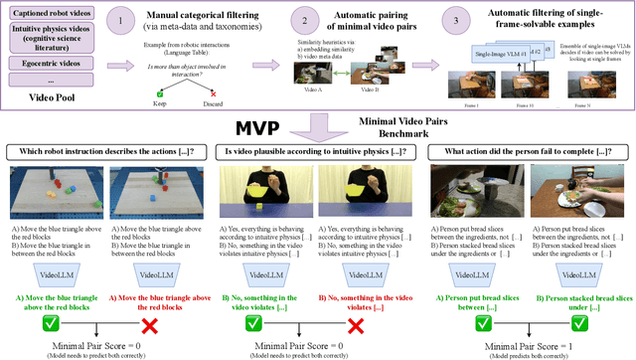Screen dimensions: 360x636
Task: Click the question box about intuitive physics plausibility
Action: [x=318, y=151]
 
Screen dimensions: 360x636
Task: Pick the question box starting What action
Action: [x=531, y=151]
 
